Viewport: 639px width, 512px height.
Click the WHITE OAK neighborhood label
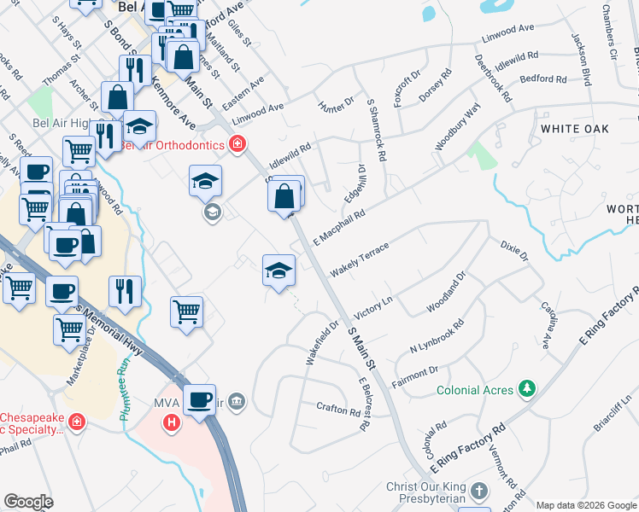click(573, 127)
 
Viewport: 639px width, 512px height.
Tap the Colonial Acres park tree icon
click(529, 390)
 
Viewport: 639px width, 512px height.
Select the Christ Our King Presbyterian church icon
click(479, 492)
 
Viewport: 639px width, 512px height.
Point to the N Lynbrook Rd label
click(437, 336)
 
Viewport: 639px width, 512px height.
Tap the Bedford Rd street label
click(544, 79)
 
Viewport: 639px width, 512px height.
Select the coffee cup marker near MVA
click(200, 399)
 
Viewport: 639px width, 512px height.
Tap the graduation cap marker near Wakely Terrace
click(278, 271)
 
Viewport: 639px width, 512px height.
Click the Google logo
click(29, 502)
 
